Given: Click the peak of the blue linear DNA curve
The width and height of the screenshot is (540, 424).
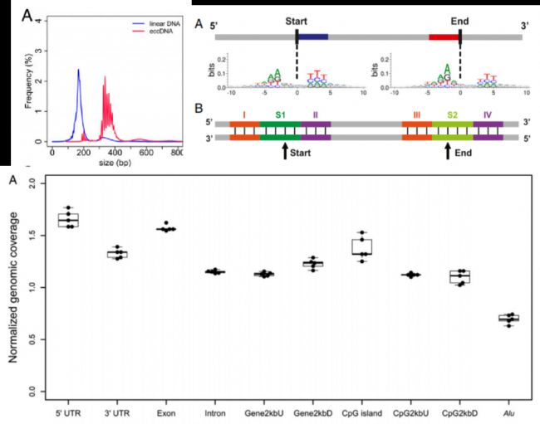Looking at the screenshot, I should point(79,70).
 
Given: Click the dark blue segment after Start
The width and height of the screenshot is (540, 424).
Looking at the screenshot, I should point(312,37).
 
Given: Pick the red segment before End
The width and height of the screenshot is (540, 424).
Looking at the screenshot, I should point(444,37).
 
